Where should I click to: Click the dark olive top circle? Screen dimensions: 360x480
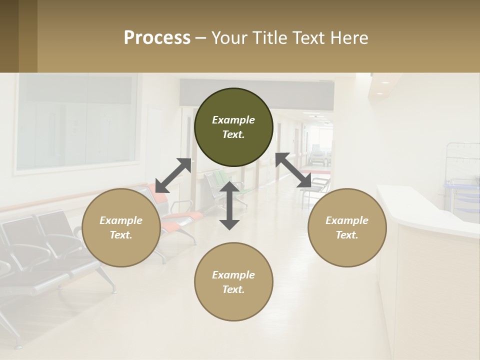pyautogui.click(x=233, y=127)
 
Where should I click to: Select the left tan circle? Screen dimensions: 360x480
pyautogui.click(x=121, y=227)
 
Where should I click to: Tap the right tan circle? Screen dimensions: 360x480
pyautogui.click(x=347, y=227)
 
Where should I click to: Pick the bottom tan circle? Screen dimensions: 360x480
pyautogui.click(x=233, y=281)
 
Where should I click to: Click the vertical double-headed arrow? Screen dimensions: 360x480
pyautogui.click(x=229, y=205)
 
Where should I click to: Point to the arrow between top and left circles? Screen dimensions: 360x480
pyautogui.click(x=173, y=175)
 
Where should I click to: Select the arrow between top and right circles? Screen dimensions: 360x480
pyautogui.click(x=293, y=170)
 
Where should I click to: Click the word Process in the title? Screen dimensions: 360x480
pyautogui.click(x=157, y=37)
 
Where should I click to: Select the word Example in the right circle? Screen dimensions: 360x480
pyautogui.click(x=347, y=220)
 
